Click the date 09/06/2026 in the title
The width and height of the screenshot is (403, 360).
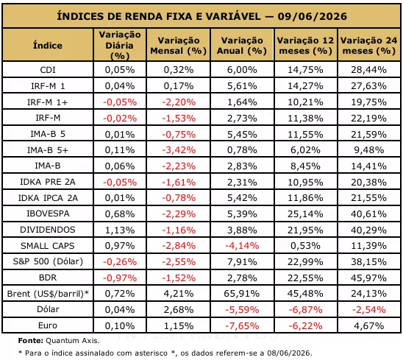tap(313, 16)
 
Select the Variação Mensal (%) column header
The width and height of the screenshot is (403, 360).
tap(179, 46)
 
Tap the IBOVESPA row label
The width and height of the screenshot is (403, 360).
tap(48, 213)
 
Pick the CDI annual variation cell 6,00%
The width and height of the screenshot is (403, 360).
tap(242, 70)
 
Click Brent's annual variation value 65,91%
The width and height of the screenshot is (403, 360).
tap(242, 294)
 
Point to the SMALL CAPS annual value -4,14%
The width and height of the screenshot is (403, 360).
tap(242, 246)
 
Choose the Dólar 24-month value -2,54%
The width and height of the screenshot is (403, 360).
tap(369, 309)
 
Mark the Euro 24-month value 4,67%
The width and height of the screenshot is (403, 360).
tap(369, 326)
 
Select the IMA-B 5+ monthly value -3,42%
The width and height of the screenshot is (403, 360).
tap(179, 150)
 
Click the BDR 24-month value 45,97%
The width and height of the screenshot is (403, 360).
tap(369, 278)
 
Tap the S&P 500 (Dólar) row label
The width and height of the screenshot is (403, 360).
tap(48, 261)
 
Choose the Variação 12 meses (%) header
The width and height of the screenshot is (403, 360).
tap(305, 46)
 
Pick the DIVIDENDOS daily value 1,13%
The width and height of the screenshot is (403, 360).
tap(120, 230)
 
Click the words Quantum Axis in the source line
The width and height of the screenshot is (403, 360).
tap(72, 341)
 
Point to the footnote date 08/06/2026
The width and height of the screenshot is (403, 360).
tap(288, 353)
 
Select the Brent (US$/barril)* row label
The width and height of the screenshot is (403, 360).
tap(48, 294)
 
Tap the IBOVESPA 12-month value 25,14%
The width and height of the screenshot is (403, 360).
tap(305, 213)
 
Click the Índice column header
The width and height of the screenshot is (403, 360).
tap(48, 46)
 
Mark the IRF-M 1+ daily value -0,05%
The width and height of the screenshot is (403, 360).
tap(120, 102)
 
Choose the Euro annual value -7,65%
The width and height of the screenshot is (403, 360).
tap(242, 326)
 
